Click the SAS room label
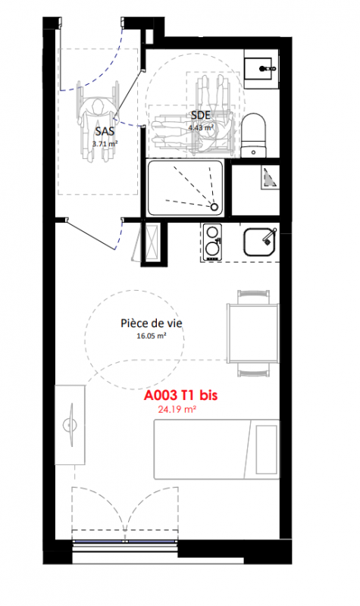[x=105, y=131]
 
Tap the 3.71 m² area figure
[x=105, y=144]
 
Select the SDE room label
[x=201, y=115]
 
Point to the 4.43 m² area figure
[x=201, y=127]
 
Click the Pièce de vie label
[x=151, y=323]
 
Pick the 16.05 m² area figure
[x=151, y=336]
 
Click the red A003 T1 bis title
[x=180, y=395]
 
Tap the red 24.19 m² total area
[x=177, y=410]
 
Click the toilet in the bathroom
[x=254, y=136]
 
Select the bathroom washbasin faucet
[x=268, y=68]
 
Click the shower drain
[x=214, y=207]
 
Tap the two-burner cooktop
[x=212, y=242]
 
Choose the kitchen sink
[x=259, y=242]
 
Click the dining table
[x=252, y=333]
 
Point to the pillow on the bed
[x=267, y=449]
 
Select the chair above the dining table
[x=253, y=297]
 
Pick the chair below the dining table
[x=253, y=370]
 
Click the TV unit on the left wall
[x=70, y=425]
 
